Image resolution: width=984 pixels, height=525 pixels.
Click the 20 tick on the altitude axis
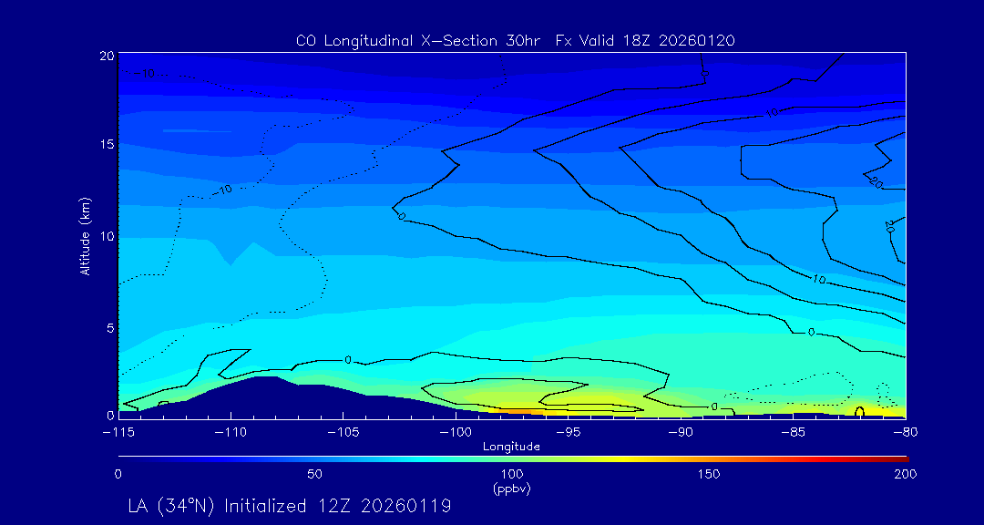click(x=106, y=56)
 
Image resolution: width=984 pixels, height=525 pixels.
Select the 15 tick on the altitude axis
click(x=106, y=145)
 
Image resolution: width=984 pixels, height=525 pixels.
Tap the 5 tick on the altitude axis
click(x=108, y=326)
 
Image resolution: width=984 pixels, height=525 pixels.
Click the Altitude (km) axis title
click(x=86, y=235)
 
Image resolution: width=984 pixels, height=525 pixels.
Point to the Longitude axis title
click(x=511, y=447)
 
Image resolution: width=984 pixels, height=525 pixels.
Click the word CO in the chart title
click(x=305, y=41)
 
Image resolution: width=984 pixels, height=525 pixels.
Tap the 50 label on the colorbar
click(x=314, y=474)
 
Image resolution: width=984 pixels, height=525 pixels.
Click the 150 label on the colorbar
click(x=708, y=474)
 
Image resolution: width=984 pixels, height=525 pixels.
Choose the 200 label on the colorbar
click(x=905, y=474)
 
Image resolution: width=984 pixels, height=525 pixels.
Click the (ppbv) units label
click(x=511, y=489)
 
